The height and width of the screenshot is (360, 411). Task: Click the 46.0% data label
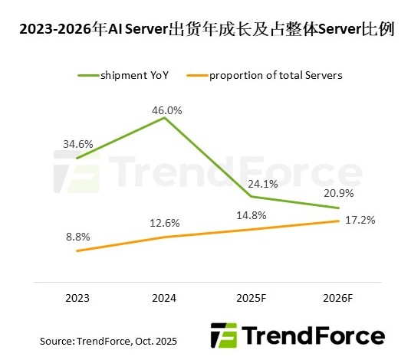click(167, 110)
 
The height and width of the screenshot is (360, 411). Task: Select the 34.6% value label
click(77, 143)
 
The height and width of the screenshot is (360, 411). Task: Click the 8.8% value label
click(77, 238)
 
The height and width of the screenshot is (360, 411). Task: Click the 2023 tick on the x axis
click(77, 297)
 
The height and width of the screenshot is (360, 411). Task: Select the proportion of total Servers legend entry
click(269, 75)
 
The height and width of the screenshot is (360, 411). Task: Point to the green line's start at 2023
click(77, 158)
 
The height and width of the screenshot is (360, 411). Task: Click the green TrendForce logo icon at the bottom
click(223, 335)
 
